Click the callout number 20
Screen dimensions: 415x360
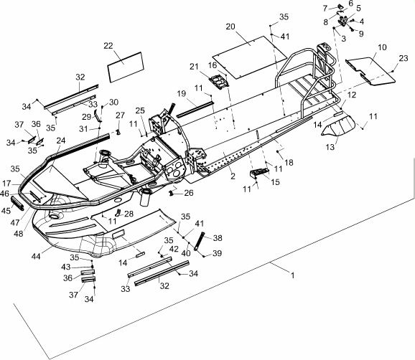click(x=230, y=27)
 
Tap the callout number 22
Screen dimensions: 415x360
click(x=108, y=46)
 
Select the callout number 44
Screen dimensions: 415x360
click(x=36, y=256)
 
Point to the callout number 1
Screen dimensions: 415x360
click(x=292, y=275)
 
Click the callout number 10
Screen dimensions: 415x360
click(x=382, y=47)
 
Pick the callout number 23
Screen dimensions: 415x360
click(x=404, y=58)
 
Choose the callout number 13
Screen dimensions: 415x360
click(x=330, y=147)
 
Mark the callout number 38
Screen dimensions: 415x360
click(x=218, y=238)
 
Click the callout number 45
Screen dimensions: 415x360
click(x=6, y=211)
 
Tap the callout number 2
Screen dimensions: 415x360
click(x=233, y=176)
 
